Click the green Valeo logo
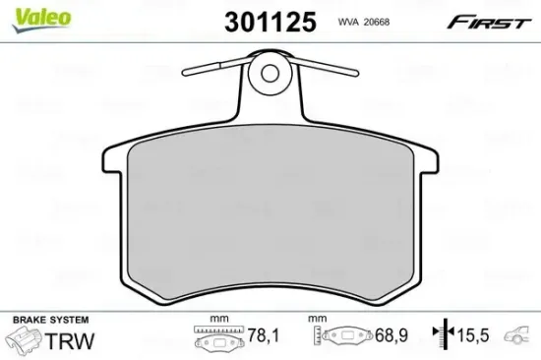[41, 20]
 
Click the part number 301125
[270, 22]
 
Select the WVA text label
[349, 22]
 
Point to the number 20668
[377, 22]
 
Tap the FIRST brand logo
[489, 23]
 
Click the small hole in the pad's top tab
[270, 73]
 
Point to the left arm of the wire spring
[216, 67]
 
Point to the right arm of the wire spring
[325, 67]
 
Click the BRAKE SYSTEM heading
[51, 320]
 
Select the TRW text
[70, 340]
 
